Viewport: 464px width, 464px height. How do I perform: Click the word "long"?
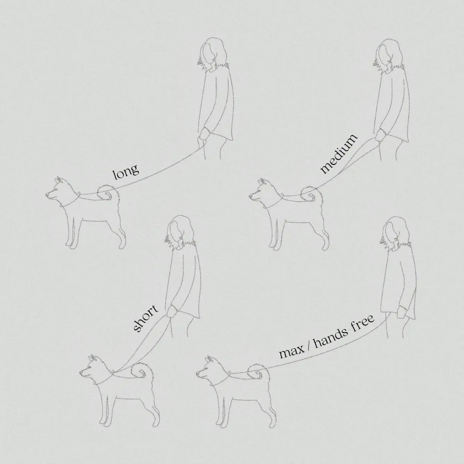tap(126, 171)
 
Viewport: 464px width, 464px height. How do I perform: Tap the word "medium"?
tap(339, 154)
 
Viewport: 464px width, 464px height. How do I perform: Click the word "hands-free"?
tap(344, 331)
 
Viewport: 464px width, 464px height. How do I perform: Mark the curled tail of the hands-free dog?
tap(259, 372)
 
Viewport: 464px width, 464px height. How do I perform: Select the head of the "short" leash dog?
tap(95, 369)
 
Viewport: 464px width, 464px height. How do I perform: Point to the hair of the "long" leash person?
tap(213, 55)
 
